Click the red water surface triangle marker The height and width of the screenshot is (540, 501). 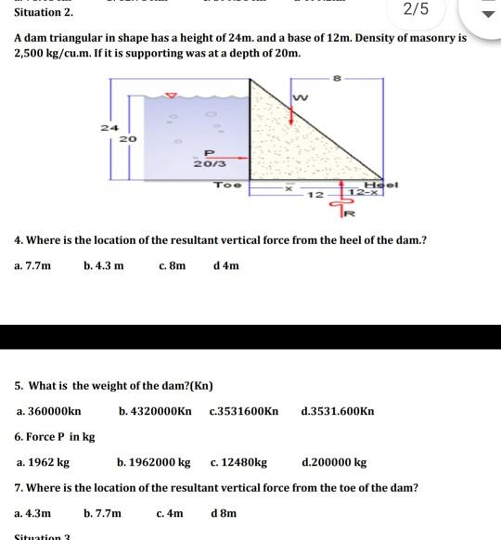pyautogui.click(x=170, y=94)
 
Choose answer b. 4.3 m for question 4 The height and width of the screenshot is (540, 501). pyautogui.click(x=103, y=265)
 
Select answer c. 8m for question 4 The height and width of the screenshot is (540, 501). pyautogui.click(x=173, y=265)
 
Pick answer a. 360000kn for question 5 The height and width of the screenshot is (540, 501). pyautogui.click(x=48, y=410)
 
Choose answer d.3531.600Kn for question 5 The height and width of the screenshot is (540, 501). pyautogui.click(x=338, y=410)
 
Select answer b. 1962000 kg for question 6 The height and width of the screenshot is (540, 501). pyautogui.click(x=154, y=461)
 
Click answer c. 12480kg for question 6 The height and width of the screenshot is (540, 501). pyautogui.click(x=239, y=461)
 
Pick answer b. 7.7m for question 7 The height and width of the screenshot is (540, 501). pyautogui.click(x=102, y=512)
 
